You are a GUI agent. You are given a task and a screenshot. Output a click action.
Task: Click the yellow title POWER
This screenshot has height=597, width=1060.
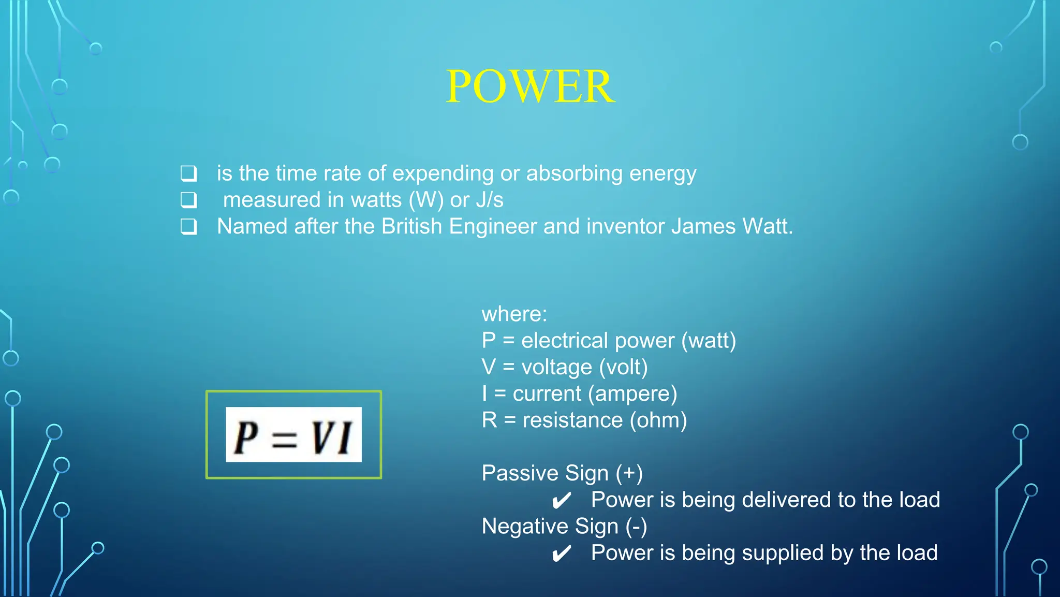pyautogui.click(x=530, y=86)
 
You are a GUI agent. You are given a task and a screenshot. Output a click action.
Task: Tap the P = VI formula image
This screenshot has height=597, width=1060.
pyautogui.click(x=293, y=434)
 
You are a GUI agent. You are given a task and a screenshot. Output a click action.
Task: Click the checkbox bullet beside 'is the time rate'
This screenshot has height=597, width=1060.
pyautogui.click(x=188, y=173)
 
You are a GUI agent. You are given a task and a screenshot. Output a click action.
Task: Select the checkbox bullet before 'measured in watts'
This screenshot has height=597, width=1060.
pyautogui.click(x=188, y=199)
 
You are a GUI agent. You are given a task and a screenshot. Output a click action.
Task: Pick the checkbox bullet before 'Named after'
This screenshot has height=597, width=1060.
pyautogui.click(x=188, y=226)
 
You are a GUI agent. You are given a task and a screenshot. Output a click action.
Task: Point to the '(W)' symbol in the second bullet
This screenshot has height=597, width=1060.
pyautogui.click(x=426, y=200)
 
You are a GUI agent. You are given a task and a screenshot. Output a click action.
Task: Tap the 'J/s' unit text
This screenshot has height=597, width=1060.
pyautogui.click(x=489, y=200)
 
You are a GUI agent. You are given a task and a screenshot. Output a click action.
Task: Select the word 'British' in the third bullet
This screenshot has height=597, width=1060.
pyautogui.click(x=411, y=226)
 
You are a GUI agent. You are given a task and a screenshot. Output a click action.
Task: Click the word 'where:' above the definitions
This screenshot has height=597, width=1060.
pyautogui.click(x=514, y=314)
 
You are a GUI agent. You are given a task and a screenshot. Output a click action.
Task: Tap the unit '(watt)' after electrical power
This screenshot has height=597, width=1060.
pyautogui.click(x=709, y=341)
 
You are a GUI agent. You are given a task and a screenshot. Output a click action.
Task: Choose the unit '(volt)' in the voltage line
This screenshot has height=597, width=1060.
pyautogui.click(x=623, y=367)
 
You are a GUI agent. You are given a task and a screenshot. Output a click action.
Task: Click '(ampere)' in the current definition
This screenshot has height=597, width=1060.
pyautogui.click(x=632, y=394)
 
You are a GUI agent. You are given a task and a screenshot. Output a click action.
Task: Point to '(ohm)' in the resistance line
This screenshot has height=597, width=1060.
pyautogui.click(x=658, y=420)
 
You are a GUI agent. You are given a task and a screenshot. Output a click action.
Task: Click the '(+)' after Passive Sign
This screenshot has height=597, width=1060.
pyautogui.click(x=629, y=473)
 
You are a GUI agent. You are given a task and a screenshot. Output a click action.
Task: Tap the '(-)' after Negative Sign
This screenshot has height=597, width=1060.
pyautogui.click(x=636, y=527)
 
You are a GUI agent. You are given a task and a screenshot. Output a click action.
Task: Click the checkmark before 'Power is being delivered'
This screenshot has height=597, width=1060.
pyautogui.click(x=561, y=501)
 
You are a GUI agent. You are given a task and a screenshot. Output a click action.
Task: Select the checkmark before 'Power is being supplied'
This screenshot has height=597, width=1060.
pyautogui.click(x=561, y=554)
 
